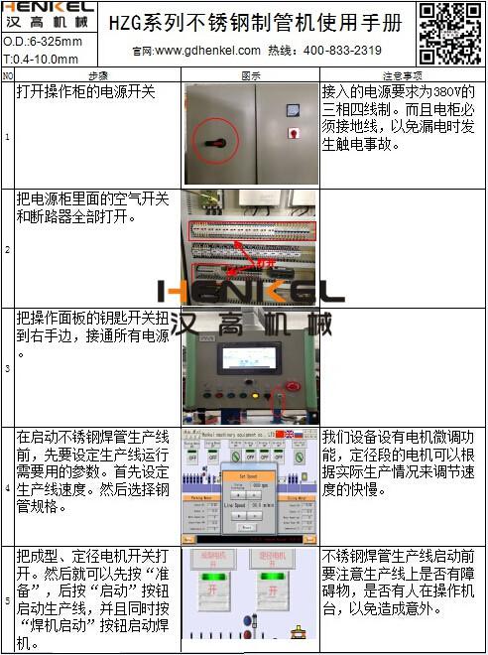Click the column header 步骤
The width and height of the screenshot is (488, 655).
(x=98, y=75)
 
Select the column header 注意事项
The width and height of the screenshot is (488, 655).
(x=402, y=75)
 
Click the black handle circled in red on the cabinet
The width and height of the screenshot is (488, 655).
(x=209, y=140)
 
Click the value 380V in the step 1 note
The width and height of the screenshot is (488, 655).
(x=447, y=90)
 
